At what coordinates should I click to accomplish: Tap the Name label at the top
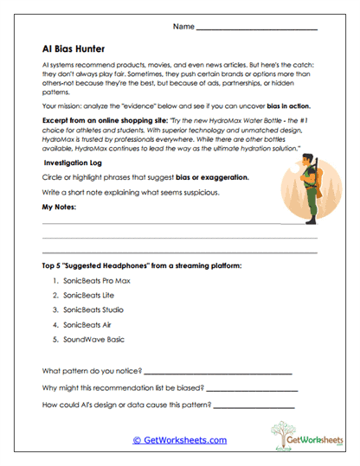pyautogui.click(x=183, y=27)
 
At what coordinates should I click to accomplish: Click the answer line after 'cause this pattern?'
pyautogui.click(x=265, y=405)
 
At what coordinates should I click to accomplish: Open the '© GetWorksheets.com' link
pyautogui.click(x=179, y=440)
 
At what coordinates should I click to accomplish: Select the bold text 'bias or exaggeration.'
pyautogui.click(x=212, y=177)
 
